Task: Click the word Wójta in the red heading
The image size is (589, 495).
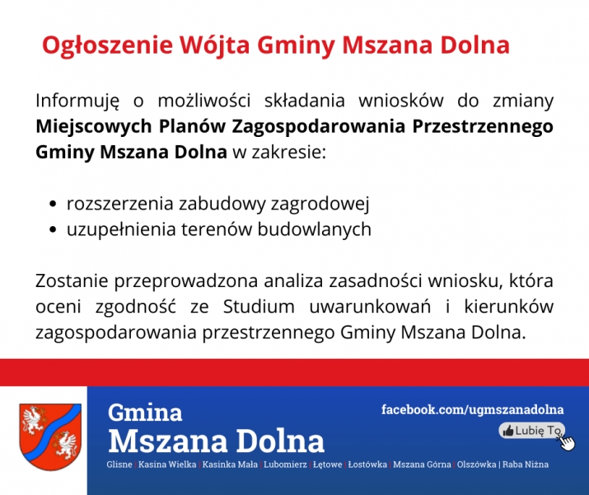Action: click(x=214, y=45)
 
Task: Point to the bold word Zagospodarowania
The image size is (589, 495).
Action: click(x=319, y=127)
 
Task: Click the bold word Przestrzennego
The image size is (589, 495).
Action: click(x=483, y=127)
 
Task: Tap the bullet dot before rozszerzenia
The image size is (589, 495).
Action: click(x=53, y=205)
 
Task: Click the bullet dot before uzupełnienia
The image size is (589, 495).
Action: click(x=53, y=230)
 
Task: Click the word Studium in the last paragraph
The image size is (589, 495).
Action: click(x=259, y=307)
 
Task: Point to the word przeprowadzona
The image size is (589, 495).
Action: click(x=186, y=281)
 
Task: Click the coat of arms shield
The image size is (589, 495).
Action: click(x=50, y=436)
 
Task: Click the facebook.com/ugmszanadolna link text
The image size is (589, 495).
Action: click(x=473, y=410)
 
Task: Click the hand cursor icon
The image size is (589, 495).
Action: click(x=567, y=441)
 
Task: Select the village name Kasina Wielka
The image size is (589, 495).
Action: click(x=167, y=464)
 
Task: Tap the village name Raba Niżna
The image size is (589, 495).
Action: click(x=526, y=464)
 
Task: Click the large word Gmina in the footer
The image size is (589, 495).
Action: click(x=145, y=412)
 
